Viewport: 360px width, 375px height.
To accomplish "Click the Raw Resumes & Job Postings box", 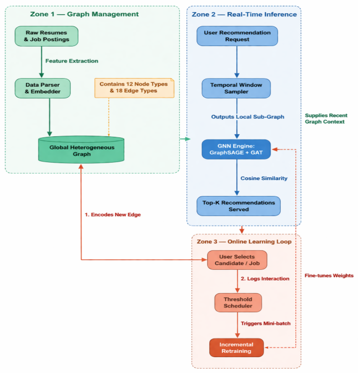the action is coord(47,36).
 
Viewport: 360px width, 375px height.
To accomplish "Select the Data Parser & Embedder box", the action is coord(43,88).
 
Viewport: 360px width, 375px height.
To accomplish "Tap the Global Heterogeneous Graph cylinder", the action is coord(81,149).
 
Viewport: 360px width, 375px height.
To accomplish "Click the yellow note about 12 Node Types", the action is coord(134,88).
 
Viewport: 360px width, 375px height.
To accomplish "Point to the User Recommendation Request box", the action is coord(237,36).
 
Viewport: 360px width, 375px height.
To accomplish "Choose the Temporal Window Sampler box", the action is coord(236,88).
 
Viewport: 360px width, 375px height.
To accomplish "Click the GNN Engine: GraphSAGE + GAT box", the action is coord(236,149).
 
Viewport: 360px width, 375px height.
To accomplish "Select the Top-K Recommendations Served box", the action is coord(238,206).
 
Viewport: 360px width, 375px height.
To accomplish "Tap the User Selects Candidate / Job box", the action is coord(237,260).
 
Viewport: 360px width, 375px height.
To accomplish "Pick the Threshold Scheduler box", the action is coord(238,303).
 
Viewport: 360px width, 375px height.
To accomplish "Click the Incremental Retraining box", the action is coord(236,348).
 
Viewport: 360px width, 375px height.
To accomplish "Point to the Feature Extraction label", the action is coord(72,61).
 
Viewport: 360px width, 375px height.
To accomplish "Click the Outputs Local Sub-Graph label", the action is coord(248,117).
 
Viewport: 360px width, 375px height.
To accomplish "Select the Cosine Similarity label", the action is coord(264,178).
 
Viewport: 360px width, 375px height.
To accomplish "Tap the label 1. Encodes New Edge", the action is coord(113,214).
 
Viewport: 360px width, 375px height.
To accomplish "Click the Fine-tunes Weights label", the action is coord(329,276).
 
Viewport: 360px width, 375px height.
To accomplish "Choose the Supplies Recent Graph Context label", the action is coord(326,118).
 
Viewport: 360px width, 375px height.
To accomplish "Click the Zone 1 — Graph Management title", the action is coord(84,14).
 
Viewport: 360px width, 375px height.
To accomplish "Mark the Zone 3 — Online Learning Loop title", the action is coord(244,241).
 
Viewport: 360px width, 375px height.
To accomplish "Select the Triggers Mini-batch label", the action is coord(266,323).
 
